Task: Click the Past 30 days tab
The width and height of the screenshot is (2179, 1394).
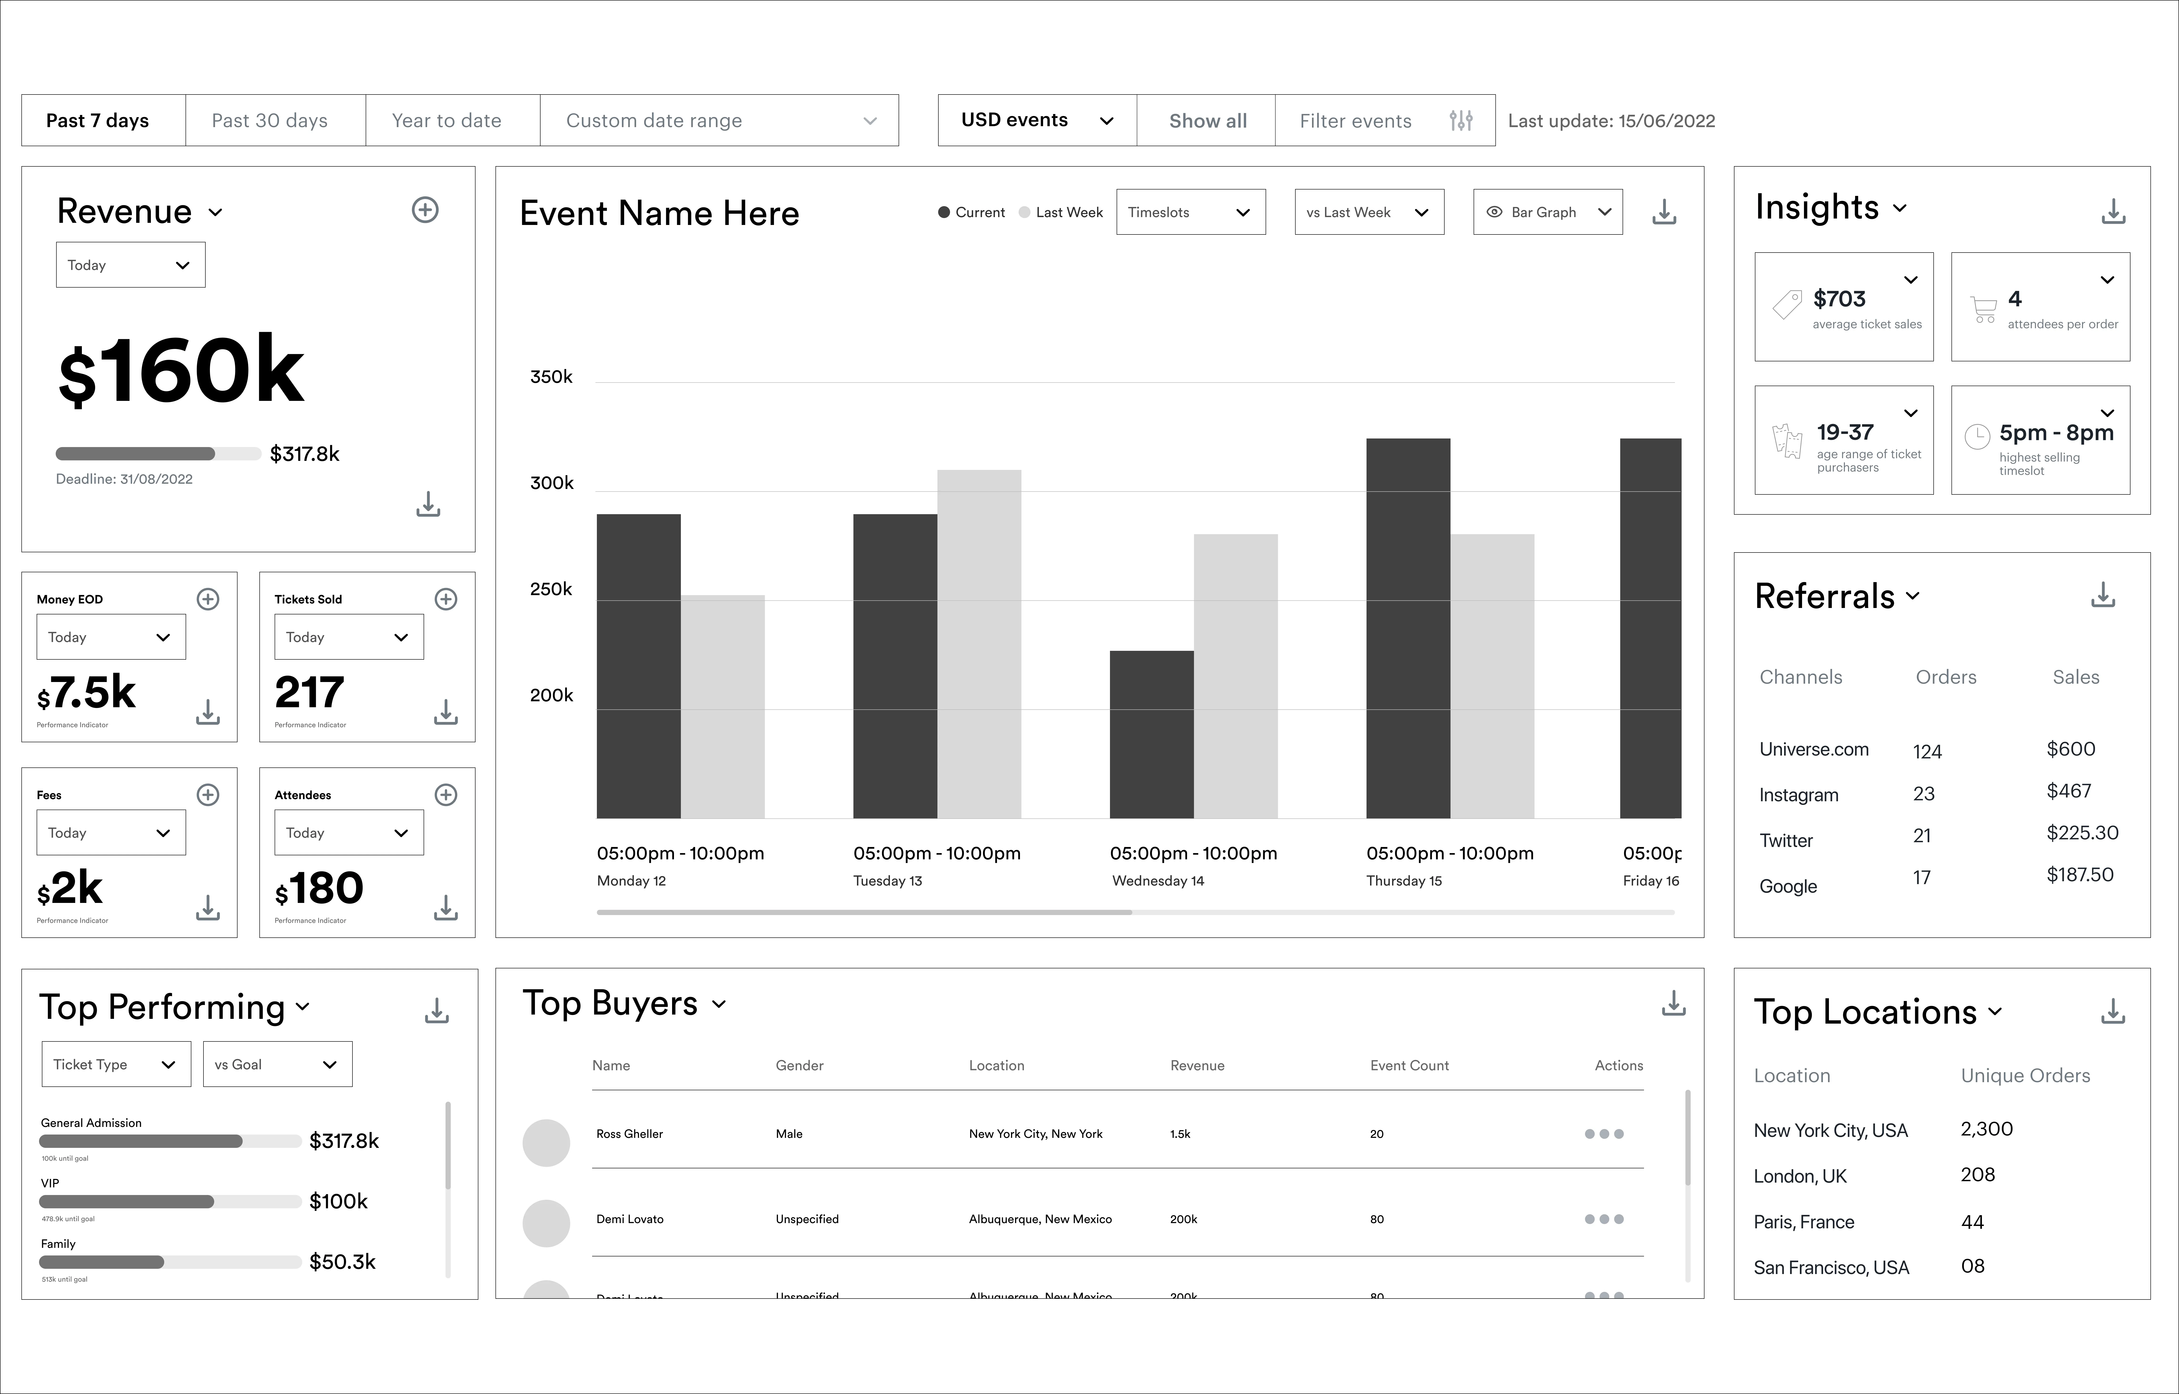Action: point(270,120)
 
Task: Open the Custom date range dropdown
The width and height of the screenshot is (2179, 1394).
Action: point(719,120)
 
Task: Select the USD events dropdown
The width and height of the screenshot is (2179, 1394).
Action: point(1036,120)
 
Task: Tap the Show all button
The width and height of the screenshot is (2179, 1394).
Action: point(1207,120)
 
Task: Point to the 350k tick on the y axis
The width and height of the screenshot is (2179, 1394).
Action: point(551,377)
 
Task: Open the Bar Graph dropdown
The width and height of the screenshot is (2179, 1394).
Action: point(1547,212)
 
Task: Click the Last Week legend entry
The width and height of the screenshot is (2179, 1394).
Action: point(1061,212)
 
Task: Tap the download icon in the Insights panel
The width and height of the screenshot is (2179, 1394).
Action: point(2113,212)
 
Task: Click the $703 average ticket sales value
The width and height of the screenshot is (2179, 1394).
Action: point(1839,299)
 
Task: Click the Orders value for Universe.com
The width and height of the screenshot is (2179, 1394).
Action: point(1926,751)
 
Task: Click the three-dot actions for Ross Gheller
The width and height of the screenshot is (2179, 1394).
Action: point(1604,1133)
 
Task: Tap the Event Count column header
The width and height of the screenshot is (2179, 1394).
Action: point(1409,1065)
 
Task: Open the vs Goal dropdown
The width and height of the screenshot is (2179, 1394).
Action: point(277,1065)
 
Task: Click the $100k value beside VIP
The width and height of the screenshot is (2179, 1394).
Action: point(338,1201)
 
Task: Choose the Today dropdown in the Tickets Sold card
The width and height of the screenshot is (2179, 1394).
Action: point(348,637)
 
